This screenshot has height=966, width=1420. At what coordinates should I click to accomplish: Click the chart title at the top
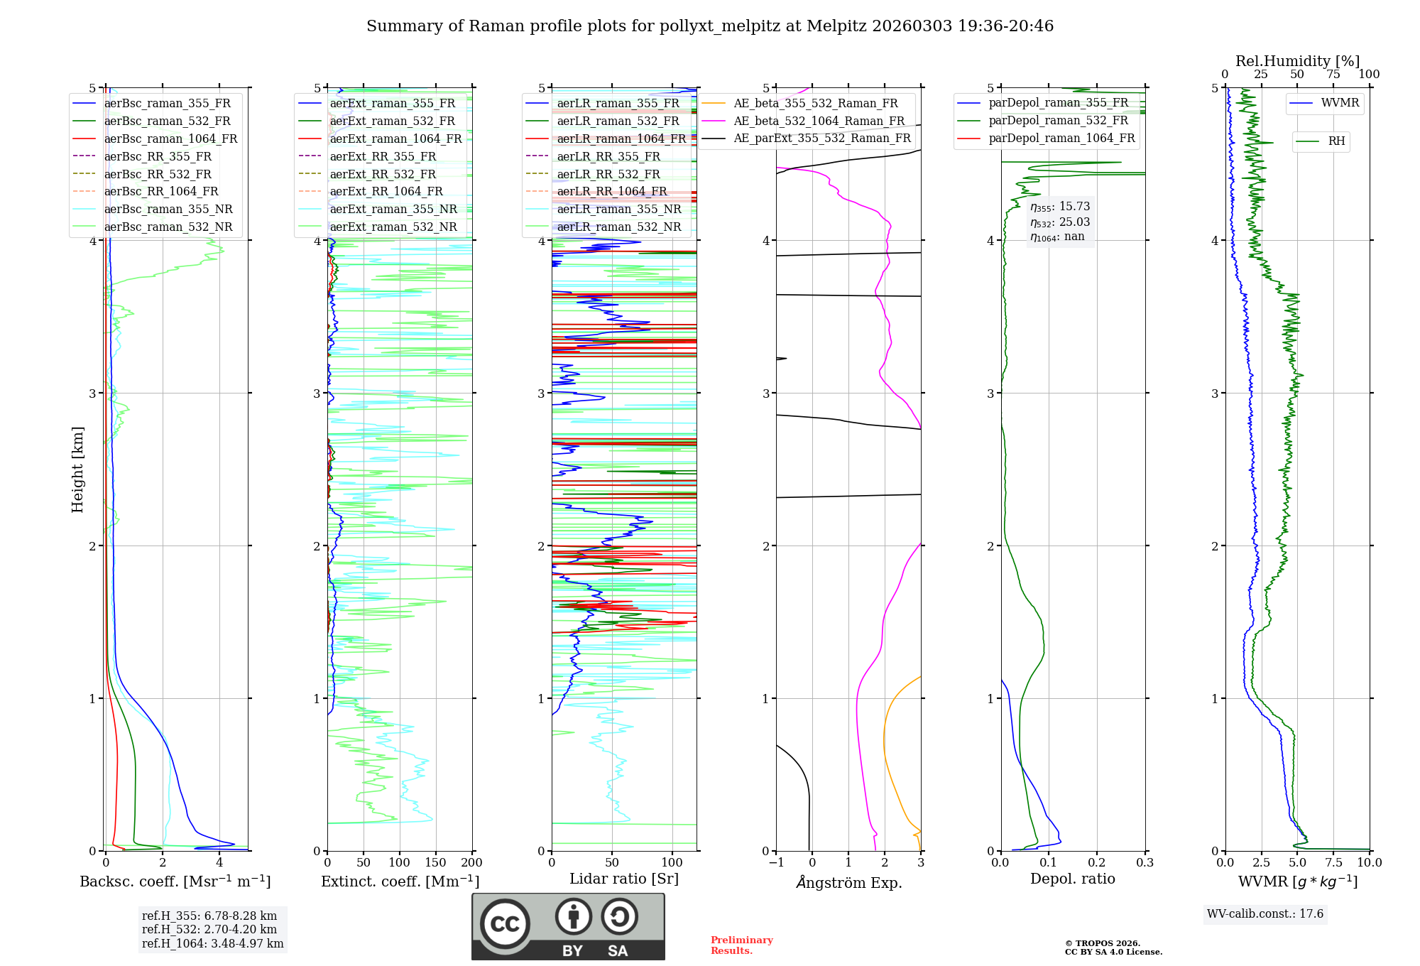click(710, 26)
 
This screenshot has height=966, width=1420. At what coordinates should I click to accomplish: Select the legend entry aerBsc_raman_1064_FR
click(170, 139)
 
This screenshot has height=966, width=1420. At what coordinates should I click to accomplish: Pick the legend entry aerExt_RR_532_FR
click(383, 174)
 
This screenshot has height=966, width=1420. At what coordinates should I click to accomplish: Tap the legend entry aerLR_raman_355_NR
click(618, 209)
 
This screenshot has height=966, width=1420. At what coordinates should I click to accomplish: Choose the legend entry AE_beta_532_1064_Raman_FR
click(819, 121)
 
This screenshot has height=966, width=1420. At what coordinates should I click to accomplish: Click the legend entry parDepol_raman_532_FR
click(1058, 121)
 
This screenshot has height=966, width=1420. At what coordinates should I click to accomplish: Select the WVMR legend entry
click(1340, 103)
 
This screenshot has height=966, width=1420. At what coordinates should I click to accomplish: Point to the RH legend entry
click(1336, 141)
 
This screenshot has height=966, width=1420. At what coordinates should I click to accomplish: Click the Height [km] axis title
click(77, 470)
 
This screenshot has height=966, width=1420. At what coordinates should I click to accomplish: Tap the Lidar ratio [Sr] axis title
click(624, 879)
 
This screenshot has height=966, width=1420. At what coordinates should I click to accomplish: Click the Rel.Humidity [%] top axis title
click(1297, 61)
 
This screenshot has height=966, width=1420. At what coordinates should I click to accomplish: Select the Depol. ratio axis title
click(1072, 879)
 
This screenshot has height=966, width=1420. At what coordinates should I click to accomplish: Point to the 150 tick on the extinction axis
click(435, 863)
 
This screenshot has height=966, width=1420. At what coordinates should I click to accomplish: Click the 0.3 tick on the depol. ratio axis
click(1145, 863)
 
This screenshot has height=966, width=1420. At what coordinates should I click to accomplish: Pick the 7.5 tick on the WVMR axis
click(1333, 863)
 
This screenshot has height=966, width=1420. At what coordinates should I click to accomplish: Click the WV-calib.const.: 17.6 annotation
click(1265, 913)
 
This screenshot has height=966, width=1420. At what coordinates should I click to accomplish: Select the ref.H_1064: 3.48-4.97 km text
click(212, 943)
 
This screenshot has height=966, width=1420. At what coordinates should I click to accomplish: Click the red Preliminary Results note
click(741, 945)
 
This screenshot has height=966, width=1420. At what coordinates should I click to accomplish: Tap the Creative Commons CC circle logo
click(505, 924)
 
